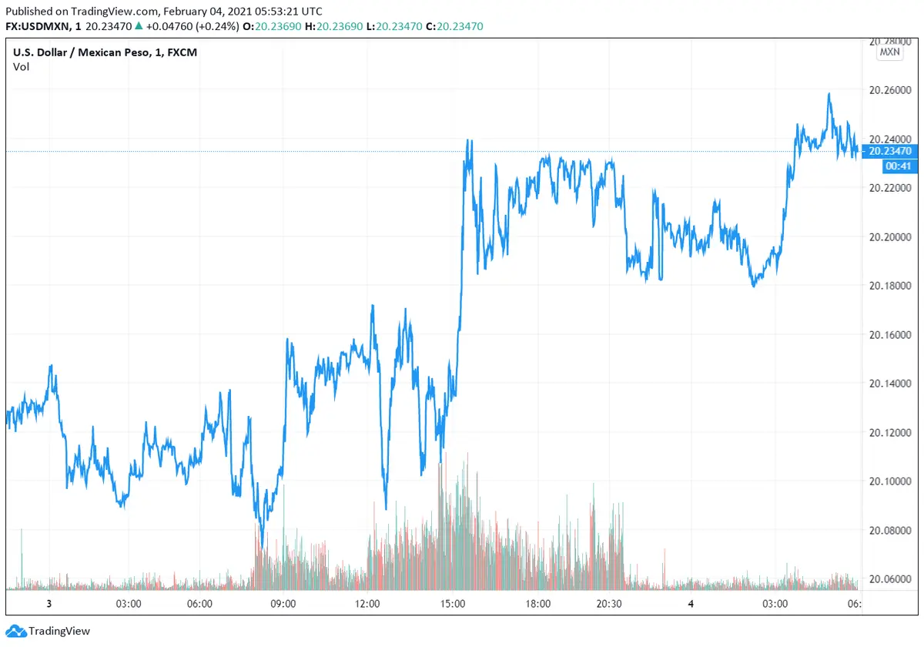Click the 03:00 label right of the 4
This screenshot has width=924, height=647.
[x=775, y=604]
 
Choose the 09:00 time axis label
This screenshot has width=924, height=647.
[x=283, y=604]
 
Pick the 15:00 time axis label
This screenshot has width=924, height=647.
[x=453, y=604]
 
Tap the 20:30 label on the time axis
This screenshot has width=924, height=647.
[x=608, y=604]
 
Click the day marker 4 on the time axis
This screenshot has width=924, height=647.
[x=691, y=604]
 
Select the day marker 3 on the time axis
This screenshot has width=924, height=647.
[x=49, y=604]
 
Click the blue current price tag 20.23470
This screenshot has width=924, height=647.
[x=889, y=152]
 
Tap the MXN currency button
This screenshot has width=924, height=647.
[x=889, y=52]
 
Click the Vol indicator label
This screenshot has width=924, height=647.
[x=21, y=66]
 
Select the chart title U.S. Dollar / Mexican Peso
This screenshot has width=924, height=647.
[x=83, y=52]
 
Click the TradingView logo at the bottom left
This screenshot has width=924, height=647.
[x=49, y=632]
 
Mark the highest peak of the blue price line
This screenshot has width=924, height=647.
[x=829, y=94]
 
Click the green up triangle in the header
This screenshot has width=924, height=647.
[x=138, y=26]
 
